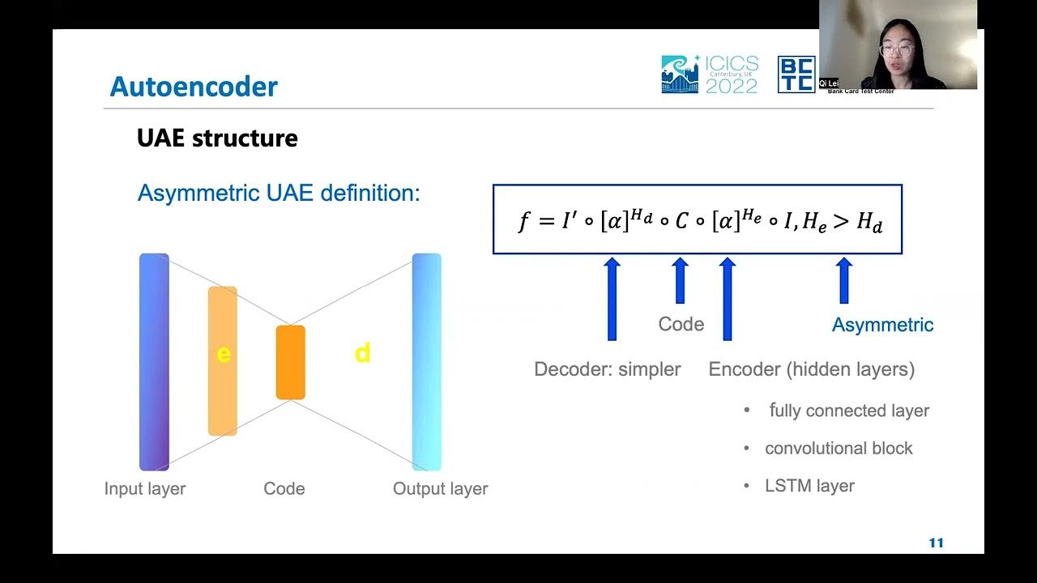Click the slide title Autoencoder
tap(194, 87)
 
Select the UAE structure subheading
tap(217, 138)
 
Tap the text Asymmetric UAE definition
tap(279, 194)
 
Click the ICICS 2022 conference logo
tap(710, 74)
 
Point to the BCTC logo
tap(796, 74)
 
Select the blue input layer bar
tap(154, 362)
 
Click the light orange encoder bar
tap(223, 360)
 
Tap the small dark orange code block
tap(290, 362)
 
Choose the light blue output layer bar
tap(427, 362)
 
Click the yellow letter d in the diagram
tap(362, 353)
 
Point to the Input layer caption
tap(145, 489)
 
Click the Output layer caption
tap(440, 489)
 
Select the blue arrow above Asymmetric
tap(843, 281)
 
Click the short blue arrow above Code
tap(680, 281)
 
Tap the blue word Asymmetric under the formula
tap(882, 326)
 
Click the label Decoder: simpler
tap(607, 370)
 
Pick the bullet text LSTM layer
tap(809, 487)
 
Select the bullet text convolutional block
tap(839, 449)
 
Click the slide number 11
tap(936, 543)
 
